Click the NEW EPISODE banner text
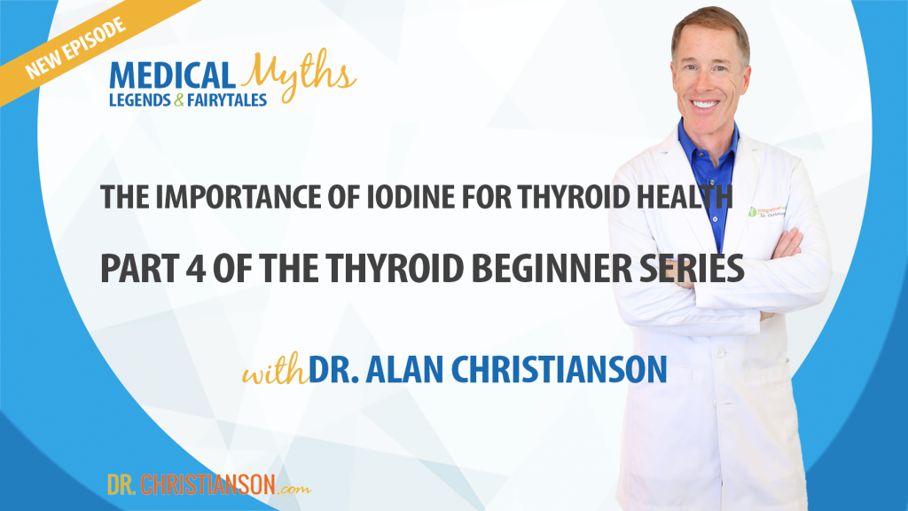tap(74, 49)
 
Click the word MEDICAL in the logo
tap(172, 76)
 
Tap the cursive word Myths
tap(298, 75)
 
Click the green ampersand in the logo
tap(178, 100)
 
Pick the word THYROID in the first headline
tap(574, 197)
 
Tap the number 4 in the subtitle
tap(196, 268)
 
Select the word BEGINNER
tap(552, 268)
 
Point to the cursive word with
tap(275, 370)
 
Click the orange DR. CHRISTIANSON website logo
tap(209, 485)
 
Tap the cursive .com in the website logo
tap(294, 489)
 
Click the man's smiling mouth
tap(705, 105)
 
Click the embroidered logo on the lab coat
tap(766, 211)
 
